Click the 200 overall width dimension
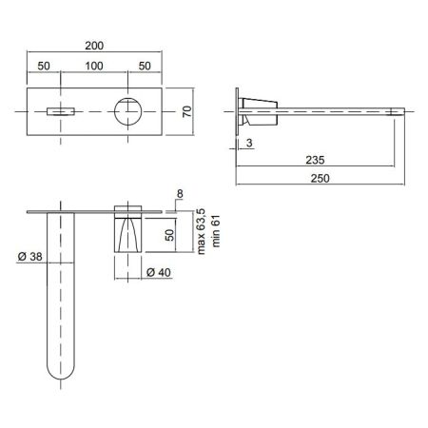point(94,46)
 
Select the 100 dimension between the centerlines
point(94,67)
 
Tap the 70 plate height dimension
point(187,111)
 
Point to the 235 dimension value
point(315,160)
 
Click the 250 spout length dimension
point(320,179)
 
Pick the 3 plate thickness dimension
point(249,143)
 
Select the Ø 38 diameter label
point(29,257)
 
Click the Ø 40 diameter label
point(159,272)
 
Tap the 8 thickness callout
point(180,194)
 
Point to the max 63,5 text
point(201,231)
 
